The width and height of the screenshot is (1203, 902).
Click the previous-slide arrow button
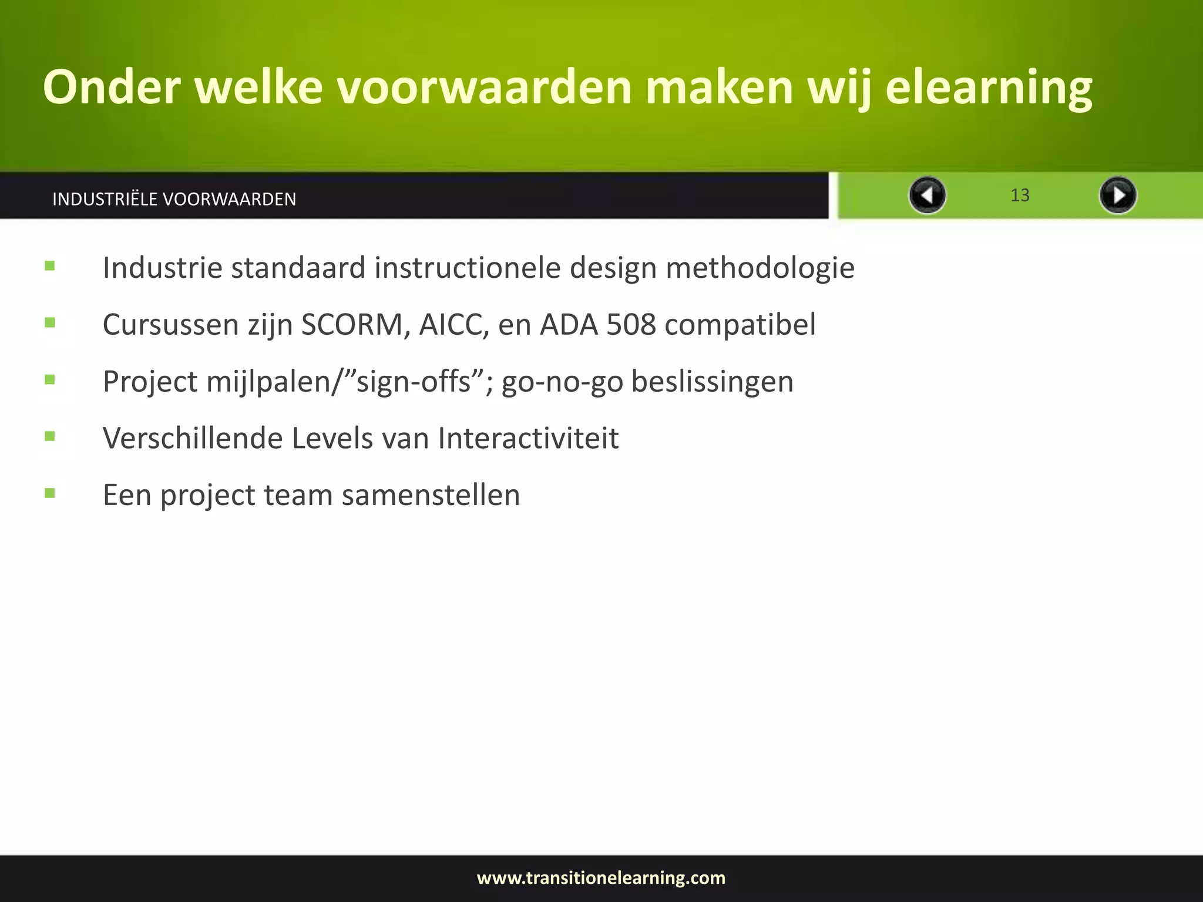coord(927,195)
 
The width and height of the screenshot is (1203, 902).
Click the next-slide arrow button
coord(1117,195)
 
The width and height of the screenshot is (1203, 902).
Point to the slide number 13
coord(1020,195)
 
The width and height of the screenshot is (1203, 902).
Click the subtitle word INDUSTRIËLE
coord(105,199)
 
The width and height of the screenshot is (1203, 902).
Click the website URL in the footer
coord(601,878)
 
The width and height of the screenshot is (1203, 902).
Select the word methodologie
coord(760,268)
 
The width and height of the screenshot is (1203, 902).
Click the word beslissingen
coord(712,381)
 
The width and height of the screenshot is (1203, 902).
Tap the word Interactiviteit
coord(528,438)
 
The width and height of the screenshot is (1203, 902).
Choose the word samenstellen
coord(431,495)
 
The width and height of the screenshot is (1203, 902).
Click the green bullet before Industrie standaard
coord(50,266)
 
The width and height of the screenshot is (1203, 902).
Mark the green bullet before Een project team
coord(50,493)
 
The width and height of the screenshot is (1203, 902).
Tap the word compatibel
coord(740,325)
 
